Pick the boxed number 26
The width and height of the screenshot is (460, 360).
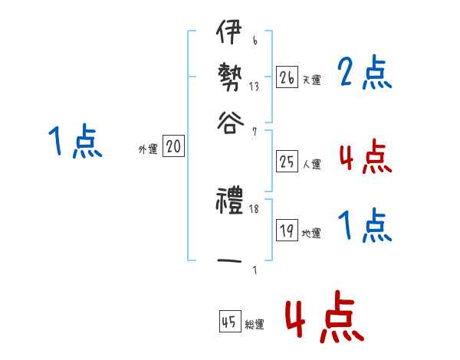click(287, 77)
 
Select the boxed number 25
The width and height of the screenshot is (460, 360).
click(287, 162)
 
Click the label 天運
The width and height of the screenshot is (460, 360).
click(311, 79)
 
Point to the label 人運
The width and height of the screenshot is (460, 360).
click(311, 164)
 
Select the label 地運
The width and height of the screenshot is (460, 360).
click(311, 234)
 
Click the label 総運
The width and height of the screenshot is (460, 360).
click(254, 325)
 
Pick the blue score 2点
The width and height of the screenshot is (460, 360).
click(364, 74)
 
